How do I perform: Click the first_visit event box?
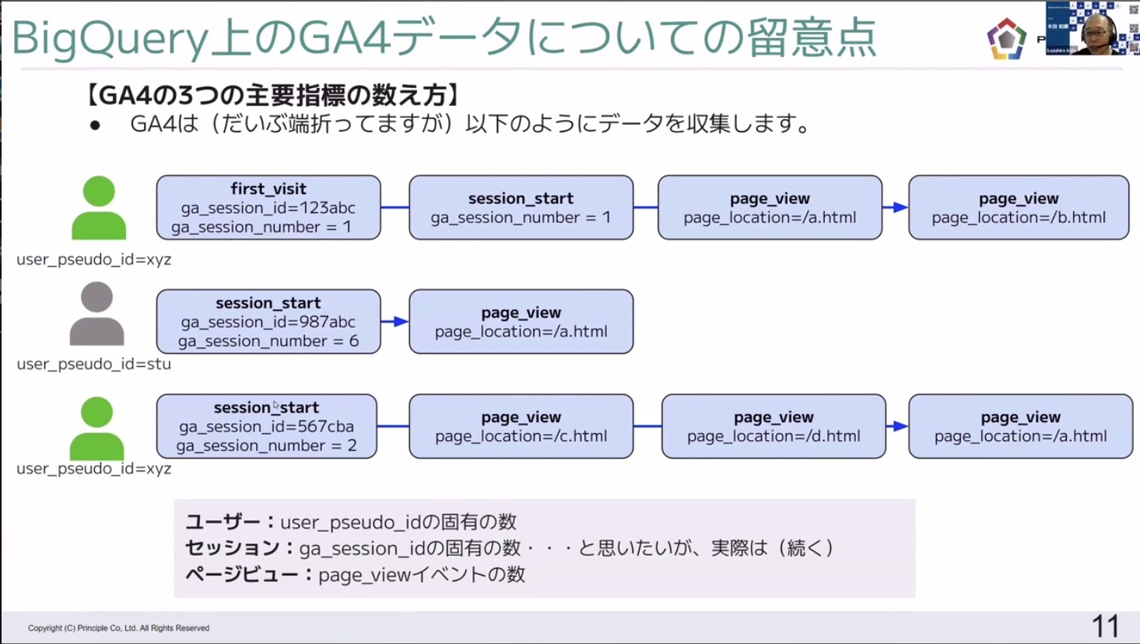(x=268, y=207)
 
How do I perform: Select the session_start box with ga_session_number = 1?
(x=521, y=207)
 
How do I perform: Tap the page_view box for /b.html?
(x=1019, y=207)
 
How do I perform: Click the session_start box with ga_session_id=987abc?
(x=268, y=322)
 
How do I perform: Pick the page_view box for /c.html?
(x=521, y=426)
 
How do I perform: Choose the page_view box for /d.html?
(x=773, y=426)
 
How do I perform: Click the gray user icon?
(x=96, y=314)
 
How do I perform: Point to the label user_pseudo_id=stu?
(x=93, y=364)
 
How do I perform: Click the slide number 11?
(x=1105, y=626)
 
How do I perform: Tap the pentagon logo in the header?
(x=1006, y=39)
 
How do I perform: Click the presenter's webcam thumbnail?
(x=1091, y=28)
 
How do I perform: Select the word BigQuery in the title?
(x=109, y=39)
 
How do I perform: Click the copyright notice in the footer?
(x=118, y=628)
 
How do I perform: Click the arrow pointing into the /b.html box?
(x=896, y=207)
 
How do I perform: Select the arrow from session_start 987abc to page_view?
(x=395, y=322)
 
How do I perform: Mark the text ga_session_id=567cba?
(x=266, y=427)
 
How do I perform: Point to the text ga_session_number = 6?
(x=268, y=341)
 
